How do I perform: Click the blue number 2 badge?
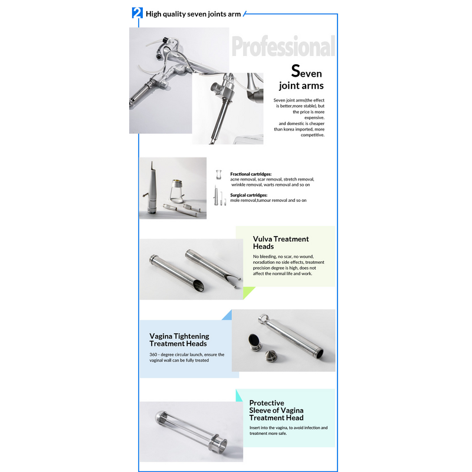[x=137, y=13]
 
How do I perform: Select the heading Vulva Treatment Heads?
[x=281, y=242]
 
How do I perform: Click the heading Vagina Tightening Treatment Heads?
[x=179, y=340]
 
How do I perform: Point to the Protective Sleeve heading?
[x=276, y=410]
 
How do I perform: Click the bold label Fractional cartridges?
[x=251, y=174]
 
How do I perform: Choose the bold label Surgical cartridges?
[x=248, y=195]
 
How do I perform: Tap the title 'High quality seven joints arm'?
[x=194, y=14]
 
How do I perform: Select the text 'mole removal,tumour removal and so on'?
[x=268, y=201]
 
